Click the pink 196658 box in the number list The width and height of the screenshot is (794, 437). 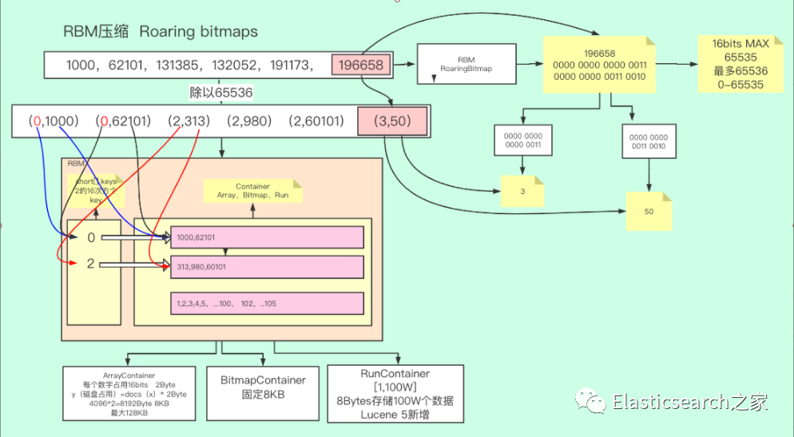[361, 65]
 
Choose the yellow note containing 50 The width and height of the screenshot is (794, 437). [649, 212]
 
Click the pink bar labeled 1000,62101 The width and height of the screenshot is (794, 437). [267, 237]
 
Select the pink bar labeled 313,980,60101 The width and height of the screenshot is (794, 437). [267, 266]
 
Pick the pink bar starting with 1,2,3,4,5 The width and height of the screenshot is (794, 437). [267, 304]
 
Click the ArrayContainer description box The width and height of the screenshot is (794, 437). [129, 392]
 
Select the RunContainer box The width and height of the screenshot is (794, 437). [395, 387]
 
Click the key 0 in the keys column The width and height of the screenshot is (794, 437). [90, 237]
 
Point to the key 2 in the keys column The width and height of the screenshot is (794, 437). [90, 264]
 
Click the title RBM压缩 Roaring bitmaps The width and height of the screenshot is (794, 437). [161, 31]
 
